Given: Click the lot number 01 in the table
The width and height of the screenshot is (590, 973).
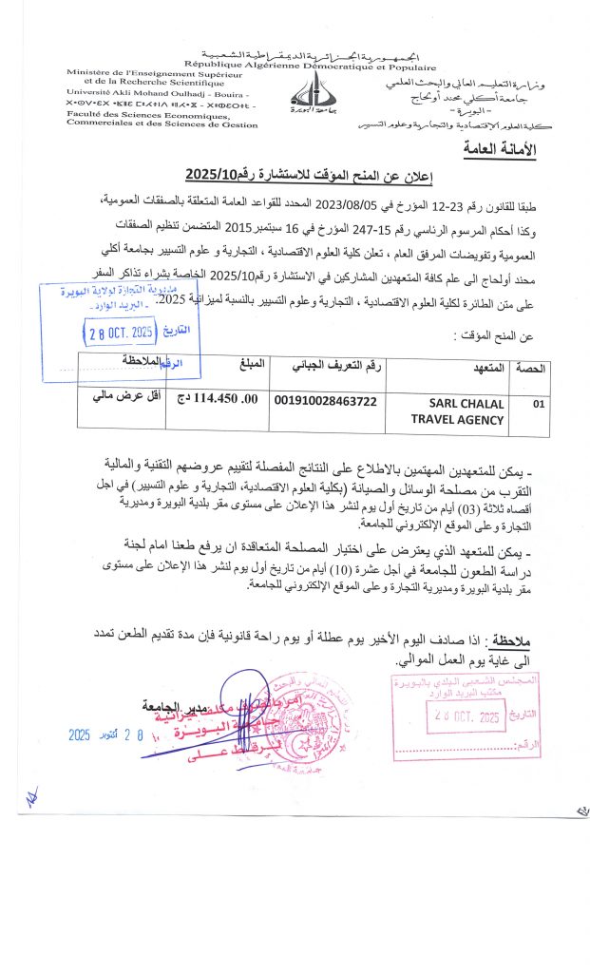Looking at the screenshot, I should click(x=540, y=403).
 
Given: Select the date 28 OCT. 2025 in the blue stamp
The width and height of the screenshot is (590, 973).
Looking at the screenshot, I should click(x=119, y=333).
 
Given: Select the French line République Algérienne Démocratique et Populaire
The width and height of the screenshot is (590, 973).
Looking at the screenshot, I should click(x=310, y=67).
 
